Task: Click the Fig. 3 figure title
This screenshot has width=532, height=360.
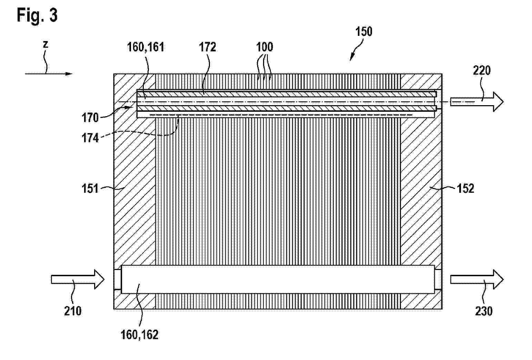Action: pos(37,15)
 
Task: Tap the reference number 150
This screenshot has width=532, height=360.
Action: pos(364,32)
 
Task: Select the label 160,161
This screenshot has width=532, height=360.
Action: pos(145,47)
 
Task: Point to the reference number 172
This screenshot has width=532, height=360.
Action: pos(207,47)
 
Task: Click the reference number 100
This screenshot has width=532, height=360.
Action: pos(264,47)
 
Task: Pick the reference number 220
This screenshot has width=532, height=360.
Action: pos(482,71)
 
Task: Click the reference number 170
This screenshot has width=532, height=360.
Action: pos(90,118)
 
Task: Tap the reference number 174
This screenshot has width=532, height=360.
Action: pos(90,138)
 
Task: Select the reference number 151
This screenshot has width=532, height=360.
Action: pos(90,189)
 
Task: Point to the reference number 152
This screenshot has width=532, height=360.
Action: pos(465,189)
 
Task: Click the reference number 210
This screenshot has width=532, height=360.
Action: pos(73,311)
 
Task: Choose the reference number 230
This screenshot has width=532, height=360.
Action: pos(484,311)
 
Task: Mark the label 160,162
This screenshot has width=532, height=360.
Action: pos(139,335)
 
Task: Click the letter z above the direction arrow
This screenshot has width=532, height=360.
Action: pos(46,44)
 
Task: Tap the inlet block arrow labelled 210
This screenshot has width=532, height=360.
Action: pos(78,279)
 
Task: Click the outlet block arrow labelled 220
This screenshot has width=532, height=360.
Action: pos(477,102)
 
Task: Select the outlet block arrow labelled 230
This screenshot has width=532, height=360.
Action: pos(477,279)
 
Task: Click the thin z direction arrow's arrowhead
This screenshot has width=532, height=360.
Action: pos(69,74)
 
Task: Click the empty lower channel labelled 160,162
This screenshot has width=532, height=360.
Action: pos(278,279)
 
